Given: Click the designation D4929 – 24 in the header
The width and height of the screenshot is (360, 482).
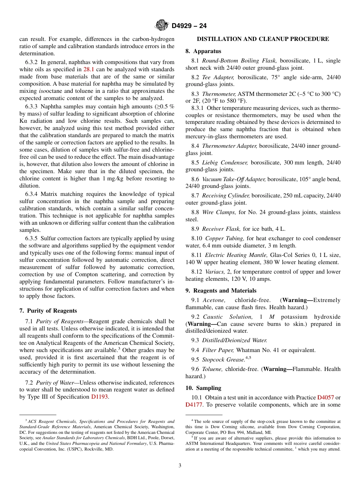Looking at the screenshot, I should [189, 26].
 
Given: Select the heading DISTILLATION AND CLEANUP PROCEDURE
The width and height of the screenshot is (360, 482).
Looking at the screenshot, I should [263, 39].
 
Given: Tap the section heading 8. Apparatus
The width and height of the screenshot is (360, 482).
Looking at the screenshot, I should [203, 51].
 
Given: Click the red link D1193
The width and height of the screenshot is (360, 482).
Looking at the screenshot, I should [100, 397].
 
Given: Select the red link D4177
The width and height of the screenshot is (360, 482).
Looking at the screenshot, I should [194, 405].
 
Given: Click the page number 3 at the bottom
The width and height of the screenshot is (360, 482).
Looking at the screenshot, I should [180, 465].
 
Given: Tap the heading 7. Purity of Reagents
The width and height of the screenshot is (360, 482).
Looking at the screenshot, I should [48, 311].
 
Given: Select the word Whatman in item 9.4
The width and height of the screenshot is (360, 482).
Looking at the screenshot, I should [247, 350].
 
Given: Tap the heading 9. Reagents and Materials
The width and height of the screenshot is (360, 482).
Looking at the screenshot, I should [221, 291].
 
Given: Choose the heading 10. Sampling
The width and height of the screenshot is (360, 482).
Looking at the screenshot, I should [203, 388].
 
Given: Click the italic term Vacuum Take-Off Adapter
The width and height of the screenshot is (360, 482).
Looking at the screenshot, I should [234, 179].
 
